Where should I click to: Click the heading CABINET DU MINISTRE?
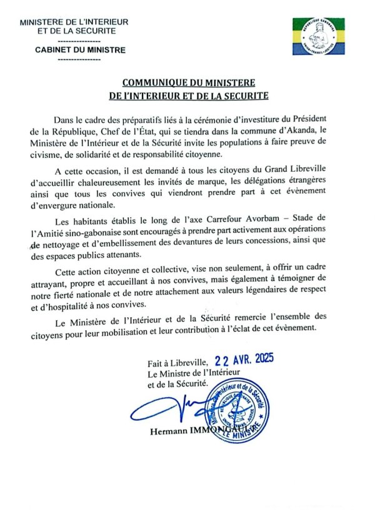click(x=80, y=50)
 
